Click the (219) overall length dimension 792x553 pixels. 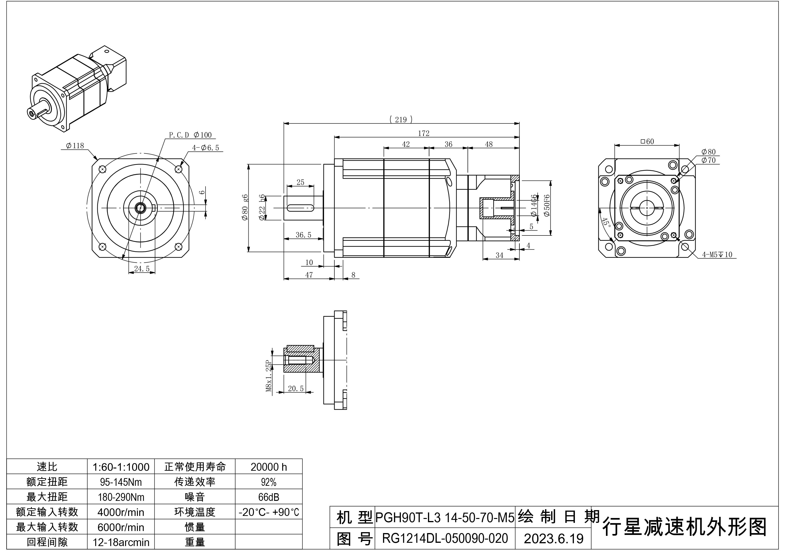(401, 120)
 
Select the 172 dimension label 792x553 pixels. (424, 133)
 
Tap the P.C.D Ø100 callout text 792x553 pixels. (190, 135)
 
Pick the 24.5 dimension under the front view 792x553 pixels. (142, 269)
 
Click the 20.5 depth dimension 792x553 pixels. (296, 388)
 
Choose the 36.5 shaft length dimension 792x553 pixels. (303, 235)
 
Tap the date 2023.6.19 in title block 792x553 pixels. (553, 538)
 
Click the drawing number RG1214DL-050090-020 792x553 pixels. (445, 538)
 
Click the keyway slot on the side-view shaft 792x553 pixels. (300, 208)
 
